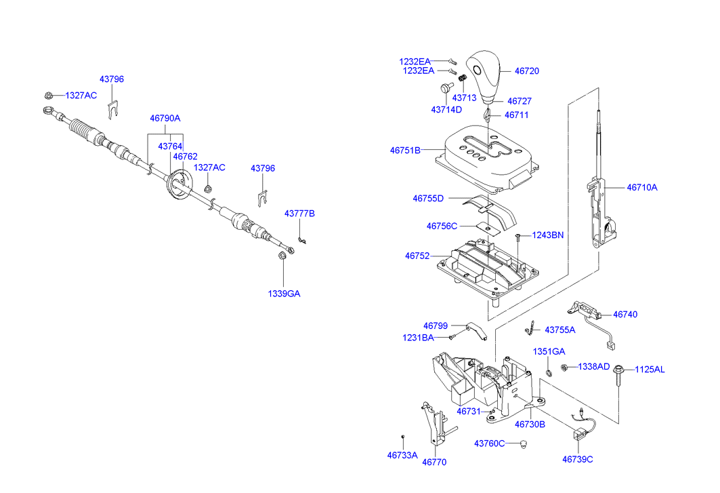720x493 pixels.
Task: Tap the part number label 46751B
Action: tap(405, 150)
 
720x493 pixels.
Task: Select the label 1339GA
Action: tap(283, 294)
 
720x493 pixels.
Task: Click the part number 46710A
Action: tap(641, 187)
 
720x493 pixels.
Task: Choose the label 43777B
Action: tap(299, 214)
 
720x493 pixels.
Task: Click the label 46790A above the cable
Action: tap(165, 118)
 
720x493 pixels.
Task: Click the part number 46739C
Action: tap(577, 459)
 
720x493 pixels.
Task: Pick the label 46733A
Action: tap(402, 455)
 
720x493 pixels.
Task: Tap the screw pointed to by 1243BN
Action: tap(517, 237)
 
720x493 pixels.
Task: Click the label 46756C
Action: tap(442, 226)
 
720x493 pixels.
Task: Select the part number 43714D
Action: tap(446, 109)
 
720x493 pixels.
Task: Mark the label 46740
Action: tap(625, 315)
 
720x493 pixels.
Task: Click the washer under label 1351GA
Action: tap(548, 372)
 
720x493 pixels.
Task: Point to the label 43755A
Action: tap(559, 330)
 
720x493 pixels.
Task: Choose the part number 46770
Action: tap(434, 462)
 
